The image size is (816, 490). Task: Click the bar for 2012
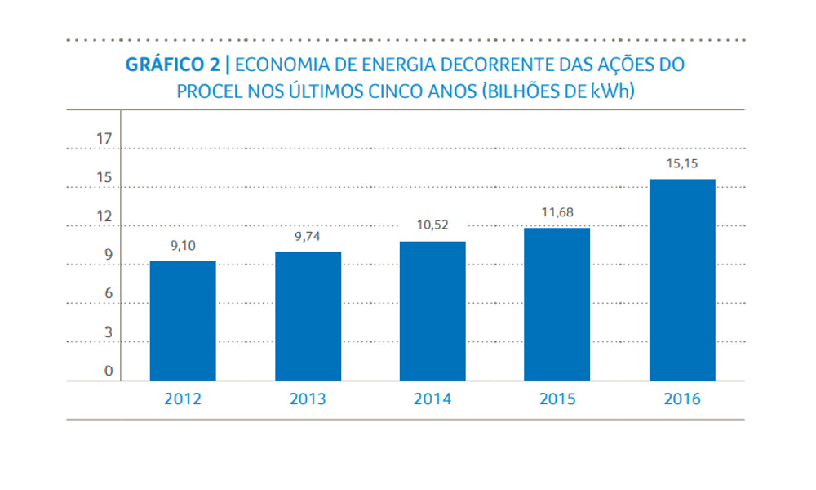(183, 321)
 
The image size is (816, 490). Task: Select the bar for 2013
(308, 317)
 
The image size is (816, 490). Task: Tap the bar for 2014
(432, 311)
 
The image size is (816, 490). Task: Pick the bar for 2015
(557, 305)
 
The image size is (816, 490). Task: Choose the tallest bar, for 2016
(682, 280)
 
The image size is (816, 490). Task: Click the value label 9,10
(184, 245)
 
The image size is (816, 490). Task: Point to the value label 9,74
(308, 237)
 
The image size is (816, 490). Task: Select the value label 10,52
(432, 225)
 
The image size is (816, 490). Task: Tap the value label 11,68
(557, 212)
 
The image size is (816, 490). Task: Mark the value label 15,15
(682, 163)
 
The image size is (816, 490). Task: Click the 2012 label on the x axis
(183, 399)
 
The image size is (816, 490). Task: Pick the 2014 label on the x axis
(432, 399)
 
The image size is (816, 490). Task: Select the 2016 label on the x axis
(682, 399)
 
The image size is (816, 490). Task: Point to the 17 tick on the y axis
(104, 138)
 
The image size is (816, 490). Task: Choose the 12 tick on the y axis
(104, 216)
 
